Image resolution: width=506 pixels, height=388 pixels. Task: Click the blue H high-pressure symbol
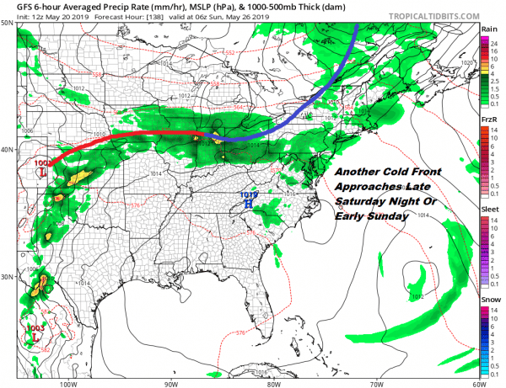248,205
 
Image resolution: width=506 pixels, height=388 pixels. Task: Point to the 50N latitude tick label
8,23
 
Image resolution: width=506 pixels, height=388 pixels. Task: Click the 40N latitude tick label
8,150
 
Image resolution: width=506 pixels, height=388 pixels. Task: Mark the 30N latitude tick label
8,277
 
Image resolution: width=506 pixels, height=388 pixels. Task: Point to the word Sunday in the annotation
384,216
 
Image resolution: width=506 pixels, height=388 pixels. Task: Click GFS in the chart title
14,5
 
